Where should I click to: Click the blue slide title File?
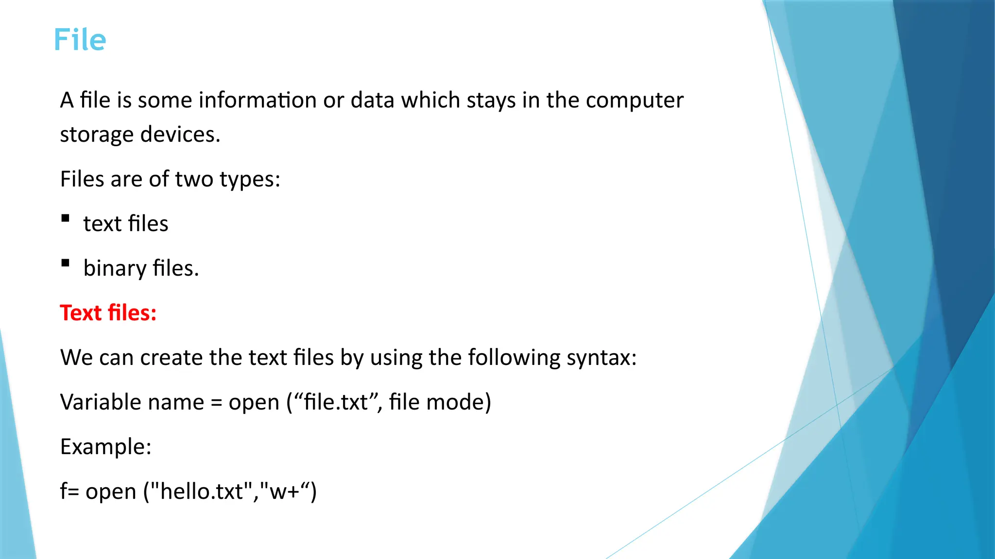(80, 40)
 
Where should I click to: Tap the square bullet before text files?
(66, 218)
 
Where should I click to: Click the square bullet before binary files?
(66, 263)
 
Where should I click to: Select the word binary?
(115, 268)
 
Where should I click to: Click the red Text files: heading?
(108, 313)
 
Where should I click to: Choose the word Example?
(105, 447)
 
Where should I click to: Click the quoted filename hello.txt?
(201, 492)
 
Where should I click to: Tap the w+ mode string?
(284, 492)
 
